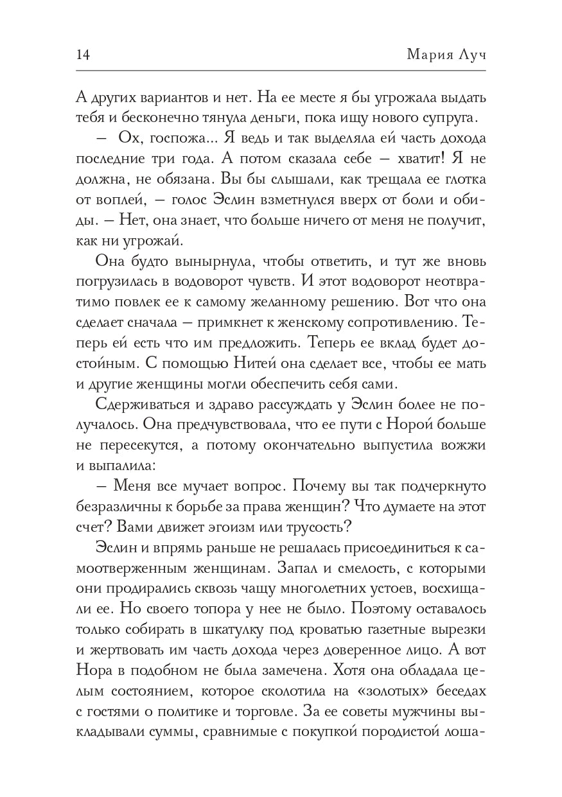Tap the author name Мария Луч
tap(446, 55)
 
